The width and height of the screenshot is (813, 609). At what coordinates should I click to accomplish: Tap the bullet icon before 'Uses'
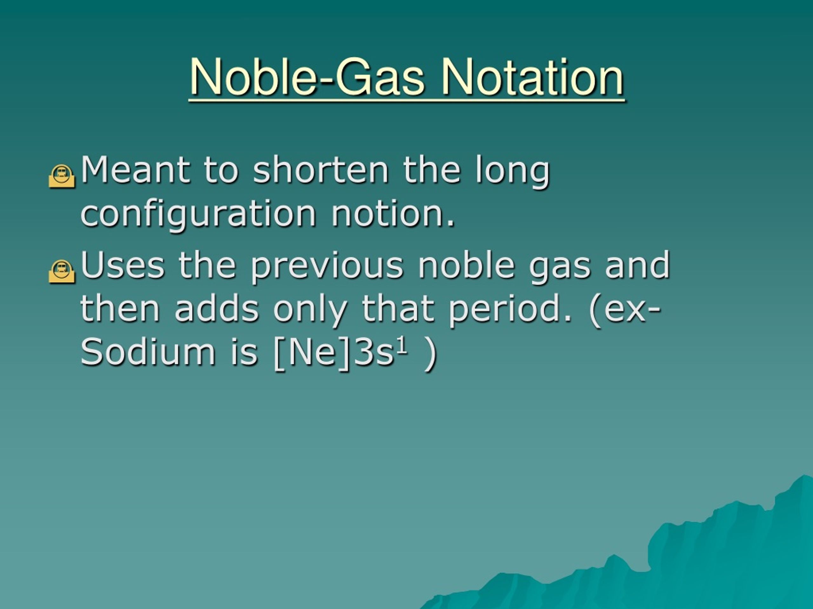click(61, 271)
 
